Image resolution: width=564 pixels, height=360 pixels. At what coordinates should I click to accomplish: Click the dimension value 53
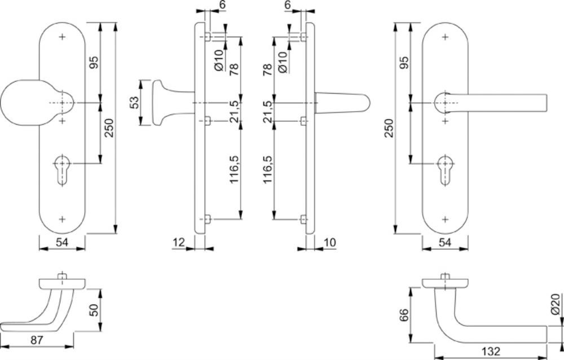[x=134, y=103]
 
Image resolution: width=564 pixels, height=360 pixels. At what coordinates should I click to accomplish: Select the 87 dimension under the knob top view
[x=37, y=340]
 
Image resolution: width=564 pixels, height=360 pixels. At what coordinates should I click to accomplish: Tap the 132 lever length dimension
[x=491, y=352]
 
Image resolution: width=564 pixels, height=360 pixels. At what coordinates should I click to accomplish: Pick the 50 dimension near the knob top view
[x=94, y=310]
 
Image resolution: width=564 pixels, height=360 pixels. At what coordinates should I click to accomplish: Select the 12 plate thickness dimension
[x=178, y=242]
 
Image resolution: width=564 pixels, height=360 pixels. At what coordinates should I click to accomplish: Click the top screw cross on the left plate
[x=63, y=37]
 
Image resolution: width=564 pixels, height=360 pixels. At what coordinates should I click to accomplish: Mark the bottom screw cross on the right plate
[x=446, y=219]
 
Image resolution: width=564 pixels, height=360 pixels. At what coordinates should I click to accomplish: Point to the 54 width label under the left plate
[x=62, y=242]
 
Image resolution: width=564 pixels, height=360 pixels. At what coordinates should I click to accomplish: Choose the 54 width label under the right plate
[x=445, y=242]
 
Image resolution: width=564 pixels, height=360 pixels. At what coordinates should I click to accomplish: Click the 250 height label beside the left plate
[x=109, y=128]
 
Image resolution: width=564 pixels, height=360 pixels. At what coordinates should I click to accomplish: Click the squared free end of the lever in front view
[x=544, y=103]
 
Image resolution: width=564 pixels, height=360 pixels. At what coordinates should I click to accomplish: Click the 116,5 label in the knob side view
[x=235, y=169]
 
